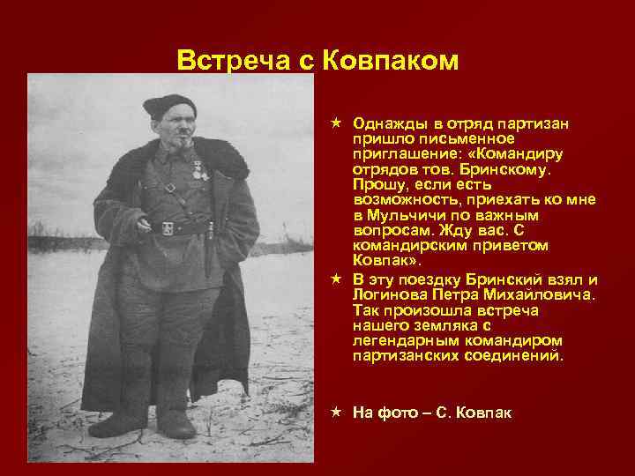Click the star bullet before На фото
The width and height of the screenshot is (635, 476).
coord(337,412)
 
